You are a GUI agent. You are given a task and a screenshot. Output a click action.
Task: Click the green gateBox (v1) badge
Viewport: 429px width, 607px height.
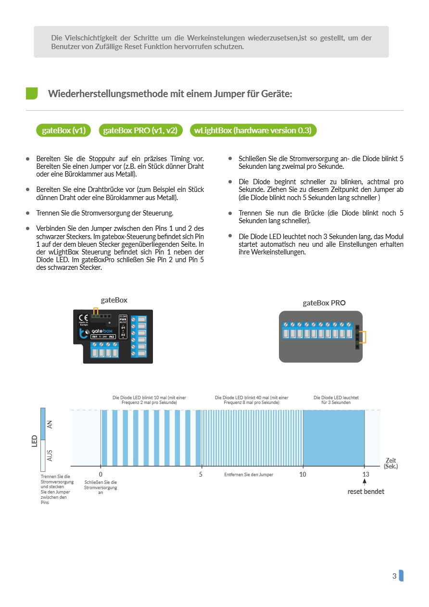pyautogui.click(x=63, y=130)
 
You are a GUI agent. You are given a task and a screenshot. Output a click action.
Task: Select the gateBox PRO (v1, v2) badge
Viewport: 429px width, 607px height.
pyautogui.click(x=140, y=130)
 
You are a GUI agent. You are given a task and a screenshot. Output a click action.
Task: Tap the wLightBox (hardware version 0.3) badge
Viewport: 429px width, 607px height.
pyautogui.click(x=253, y=130)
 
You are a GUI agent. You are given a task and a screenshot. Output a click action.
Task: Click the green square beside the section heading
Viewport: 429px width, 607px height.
pyautogui.click(x=32, y=93)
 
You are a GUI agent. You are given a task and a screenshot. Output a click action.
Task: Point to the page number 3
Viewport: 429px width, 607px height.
pyautogui.click(x=394, y=576)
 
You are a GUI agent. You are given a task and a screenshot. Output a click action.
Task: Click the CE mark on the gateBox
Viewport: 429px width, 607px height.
pyautogui.click(x=83, y=318)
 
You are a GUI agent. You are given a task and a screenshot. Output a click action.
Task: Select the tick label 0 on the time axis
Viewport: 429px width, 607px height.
pyautogui.click(x=101, y=474)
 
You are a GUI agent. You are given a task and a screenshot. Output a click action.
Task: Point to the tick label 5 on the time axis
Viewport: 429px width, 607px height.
pyautogui.click(x=201, y=474)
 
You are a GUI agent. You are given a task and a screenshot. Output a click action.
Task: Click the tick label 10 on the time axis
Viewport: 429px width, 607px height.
pyautogui.click(x=303, y=474)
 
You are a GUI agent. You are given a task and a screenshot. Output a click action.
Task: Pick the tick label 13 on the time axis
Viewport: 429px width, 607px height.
pyautogui.click(x=366, y=474)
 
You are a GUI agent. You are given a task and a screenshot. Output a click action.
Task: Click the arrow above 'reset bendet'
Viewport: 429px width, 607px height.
pyautogui.click(x=365, y=482)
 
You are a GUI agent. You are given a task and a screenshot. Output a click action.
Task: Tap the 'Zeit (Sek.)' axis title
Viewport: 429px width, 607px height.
pyautogui.click(x=391, y=463)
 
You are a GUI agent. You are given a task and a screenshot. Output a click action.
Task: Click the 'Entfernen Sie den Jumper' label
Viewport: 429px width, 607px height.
pyautogui.click(x=249, y=475)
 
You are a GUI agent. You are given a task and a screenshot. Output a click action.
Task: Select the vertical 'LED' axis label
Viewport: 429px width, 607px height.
pyautogui.click(x=35, y=441)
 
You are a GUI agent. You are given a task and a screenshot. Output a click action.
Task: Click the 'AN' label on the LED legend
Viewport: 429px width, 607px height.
pyautogui.click(x=50, y=424)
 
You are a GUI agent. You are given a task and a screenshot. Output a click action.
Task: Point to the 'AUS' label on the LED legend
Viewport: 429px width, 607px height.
pyautogui.click(x=50, y=455)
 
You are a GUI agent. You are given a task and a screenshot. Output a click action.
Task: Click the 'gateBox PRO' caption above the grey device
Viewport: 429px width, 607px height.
pyautogui.click(x=324, y=303)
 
